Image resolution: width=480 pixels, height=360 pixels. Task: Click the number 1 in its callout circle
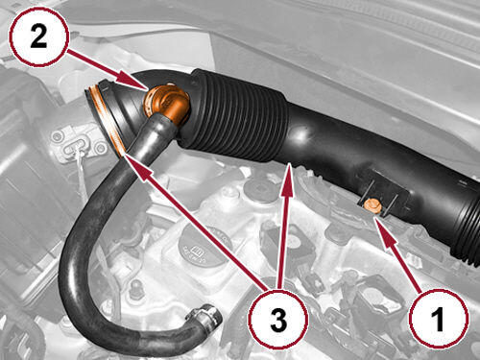point(440,319)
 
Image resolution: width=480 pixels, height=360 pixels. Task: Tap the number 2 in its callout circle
point(38,36)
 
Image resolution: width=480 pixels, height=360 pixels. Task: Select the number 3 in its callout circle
point(278,320)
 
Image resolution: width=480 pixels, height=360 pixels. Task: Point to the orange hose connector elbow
point(165,103)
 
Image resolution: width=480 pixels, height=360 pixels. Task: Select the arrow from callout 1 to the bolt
point(398,253)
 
